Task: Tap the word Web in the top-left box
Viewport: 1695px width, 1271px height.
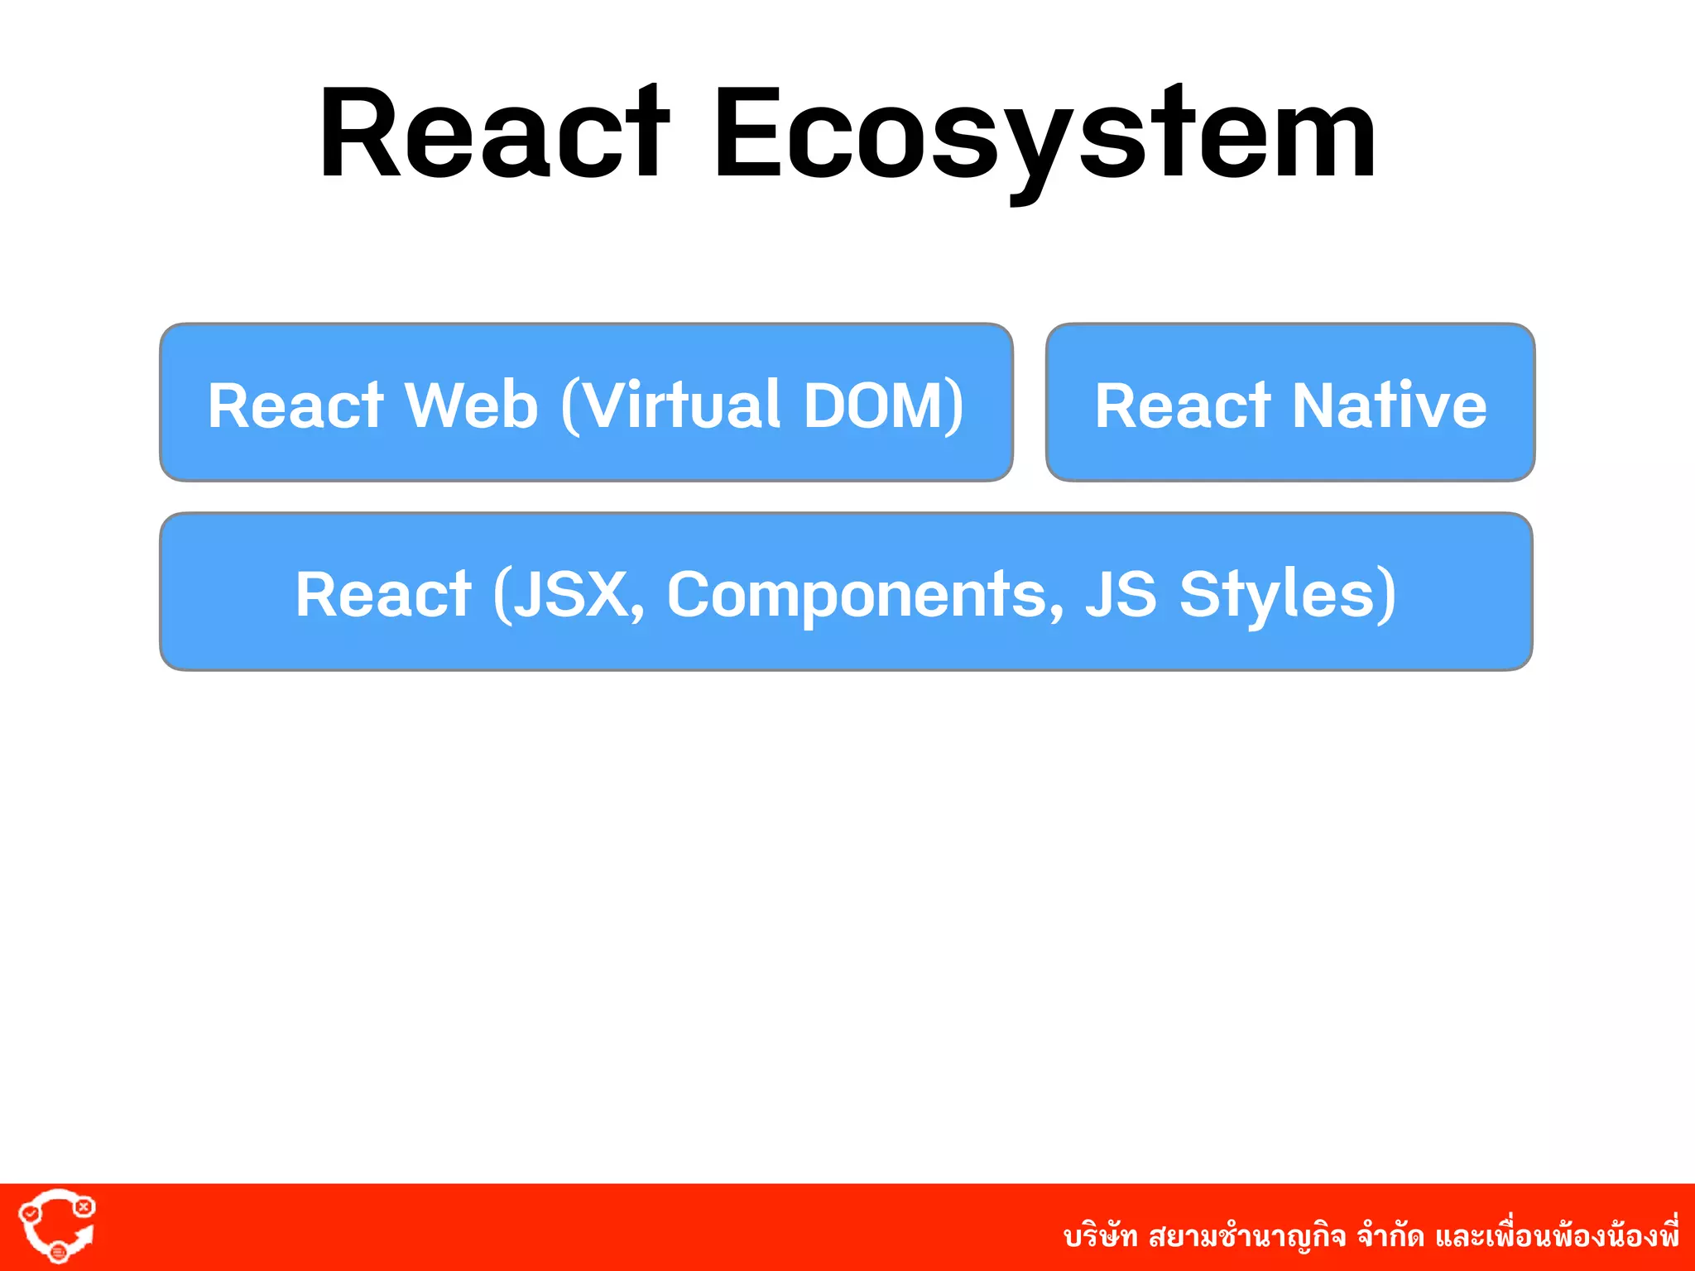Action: tap(471, 405)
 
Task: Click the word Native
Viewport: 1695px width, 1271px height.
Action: tap(1390, 405)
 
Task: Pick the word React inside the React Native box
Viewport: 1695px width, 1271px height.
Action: tap(1183, 405)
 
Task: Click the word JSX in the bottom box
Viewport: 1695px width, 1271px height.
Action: tap(571, 594)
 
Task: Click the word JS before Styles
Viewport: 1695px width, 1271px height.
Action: tap(1121, 594)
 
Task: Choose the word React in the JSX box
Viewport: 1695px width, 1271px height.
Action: tap(383, 594)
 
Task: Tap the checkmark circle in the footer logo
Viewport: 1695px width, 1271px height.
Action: tap(30, 1213)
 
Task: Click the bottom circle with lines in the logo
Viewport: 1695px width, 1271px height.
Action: tap(58, 1253)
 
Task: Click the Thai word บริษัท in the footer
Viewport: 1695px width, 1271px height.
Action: tap(1100, 1237)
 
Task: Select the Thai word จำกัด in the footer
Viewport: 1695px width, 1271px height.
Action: tap(1390, 1237)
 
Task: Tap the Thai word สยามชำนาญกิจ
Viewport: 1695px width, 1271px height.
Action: tap(1247, 1237)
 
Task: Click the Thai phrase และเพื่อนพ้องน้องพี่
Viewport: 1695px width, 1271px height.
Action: tap(1557, 1235)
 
